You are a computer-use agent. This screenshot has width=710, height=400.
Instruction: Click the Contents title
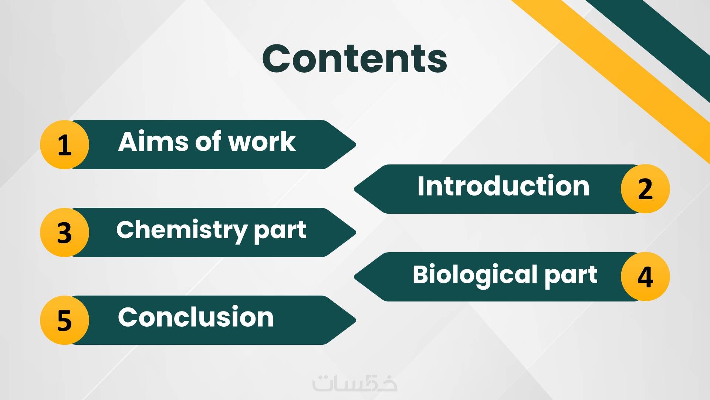click(x=355, y=59)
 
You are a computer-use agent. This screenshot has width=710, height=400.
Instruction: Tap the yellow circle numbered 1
click(x=64, y=144)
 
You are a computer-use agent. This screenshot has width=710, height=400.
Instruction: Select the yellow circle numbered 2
click(x=645, y=189)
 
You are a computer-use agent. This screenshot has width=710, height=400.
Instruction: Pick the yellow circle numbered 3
click(x=64, y=232)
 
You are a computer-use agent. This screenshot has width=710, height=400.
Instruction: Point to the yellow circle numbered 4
click(x=645, y=277)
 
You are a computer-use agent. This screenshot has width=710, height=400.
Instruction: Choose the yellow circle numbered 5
click(x=64, y=320)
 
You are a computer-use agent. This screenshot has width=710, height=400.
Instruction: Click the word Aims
click(x=153, y=141)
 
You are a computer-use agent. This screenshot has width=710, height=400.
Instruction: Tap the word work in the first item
click(x=262, y=141)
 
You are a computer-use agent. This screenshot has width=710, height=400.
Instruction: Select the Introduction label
click(x=503, y=186)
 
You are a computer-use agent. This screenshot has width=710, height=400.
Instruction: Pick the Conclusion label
click(x=196, y=317)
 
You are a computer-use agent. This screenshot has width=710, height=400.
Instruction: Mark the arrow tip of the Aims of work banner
click(x=355, y=144)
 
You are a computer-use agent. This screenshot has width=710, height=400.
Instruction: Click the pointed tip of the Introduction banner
click(x=355, y=189)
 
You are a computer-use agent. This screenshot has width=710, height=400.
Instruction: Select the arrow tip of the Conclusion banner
click(x=355, y=320)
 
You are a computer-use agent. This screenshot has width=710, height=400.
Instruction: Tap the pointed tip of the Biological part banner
click(x=355, y=277)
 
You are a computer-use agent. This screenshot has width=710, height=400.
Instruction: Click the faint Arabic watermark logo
click(x=355, y=383)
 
